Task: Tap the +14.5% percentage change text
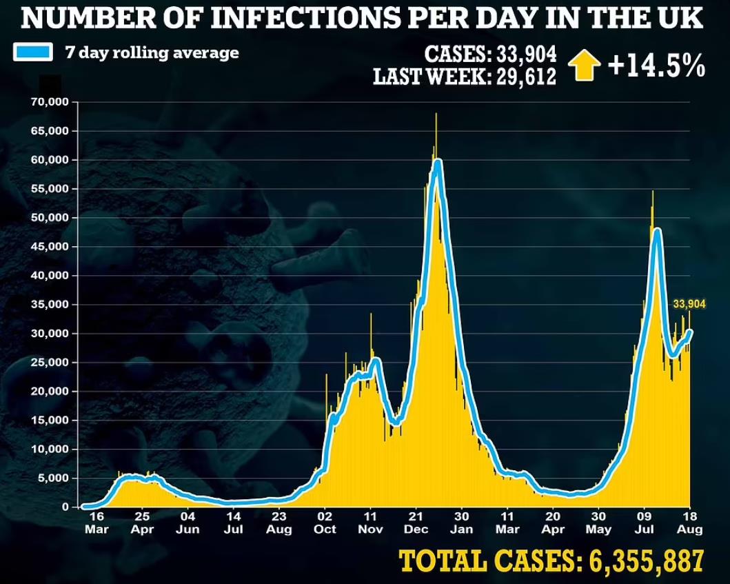pyautogui.click(x=656, y=67)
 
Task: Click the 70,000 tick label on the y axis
pyautogui.click(x=50, y=102)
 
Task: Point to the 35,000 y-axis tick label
pyautogui.click(x=50, y=305)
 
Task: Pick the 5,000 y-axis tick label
pyautogui.click(x=53, y=478)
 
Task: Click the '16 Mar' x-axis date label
pyautogui.click(x=96, y=522)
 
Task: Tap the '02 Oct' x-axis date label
pyautogui.click(x=325, y=522)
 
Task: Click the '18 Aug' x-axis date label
pyautogui.click(x=689, y=522)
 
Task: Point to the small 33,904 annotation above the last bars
pyautogui.click(x=689, y=303)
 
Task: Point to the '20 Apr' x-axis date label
pyautogui.click(x=553, y=522)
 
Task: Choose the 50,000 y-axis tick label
pyautogui.click(x=50, y=218)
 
